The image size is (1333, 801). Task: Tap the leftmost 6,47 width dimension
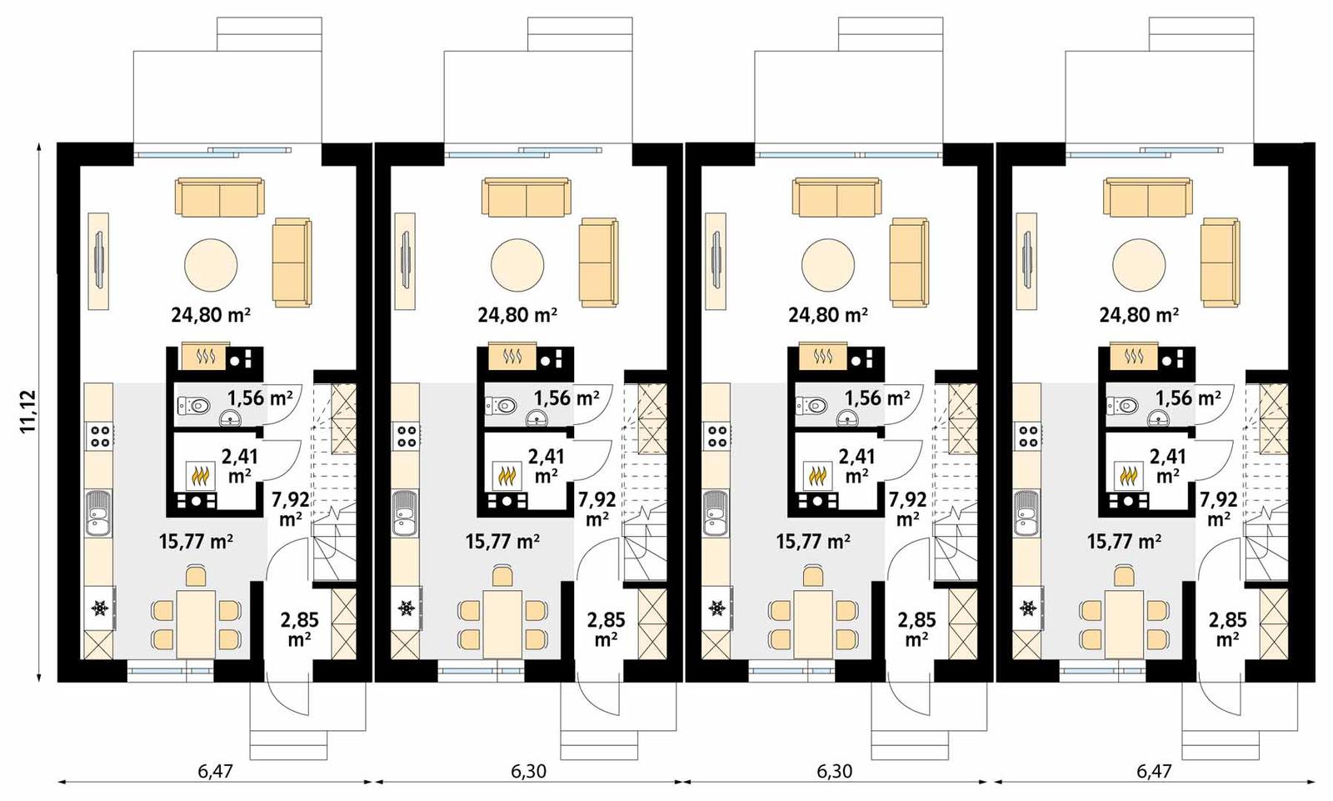(x=215, y=770)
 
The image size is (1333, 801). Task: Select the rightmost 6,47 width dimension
(x=1154, y=770)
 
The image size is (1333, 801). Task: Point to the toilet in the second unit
(x=503, y=406)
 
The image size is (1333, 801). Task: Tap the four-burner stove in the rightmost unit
(x=1028, y=435)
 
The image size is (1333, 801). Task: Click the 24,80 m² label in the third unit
(x=828, y=315)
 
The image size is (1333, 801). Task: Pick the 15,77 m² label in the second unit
(x=502, y=542)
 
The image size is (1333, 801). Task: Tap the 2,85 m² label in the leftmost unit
(x=299, y=629)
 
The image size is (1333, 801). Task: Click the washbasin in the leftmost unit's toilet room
(x=230, y=418)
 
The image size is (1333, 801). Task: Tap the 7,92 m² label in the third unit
(x=907, y=508)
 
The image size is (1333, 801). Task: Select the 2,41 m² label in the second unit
(x=547, y=465)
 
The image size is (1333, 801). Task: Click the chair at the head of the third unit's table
(x=813, y=575)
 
